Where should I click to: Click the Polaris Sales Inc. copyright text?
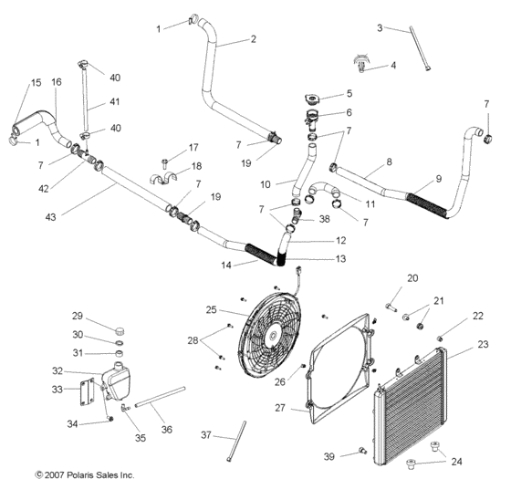click(x=84, y=475)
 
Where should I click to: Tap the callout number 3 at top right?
click(x=380, y=28)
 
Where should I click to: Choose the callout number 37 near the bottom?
click(x=206, y=434)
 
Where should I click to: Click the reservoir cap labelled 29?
click(x=118, y=329)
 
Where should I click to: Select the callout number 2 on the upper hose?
click(x=253, y=38)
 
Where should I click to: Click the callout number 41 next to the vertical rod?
click(x=115, y=103)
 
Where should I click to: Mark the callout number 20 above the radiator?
click(x=412, y=278)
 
